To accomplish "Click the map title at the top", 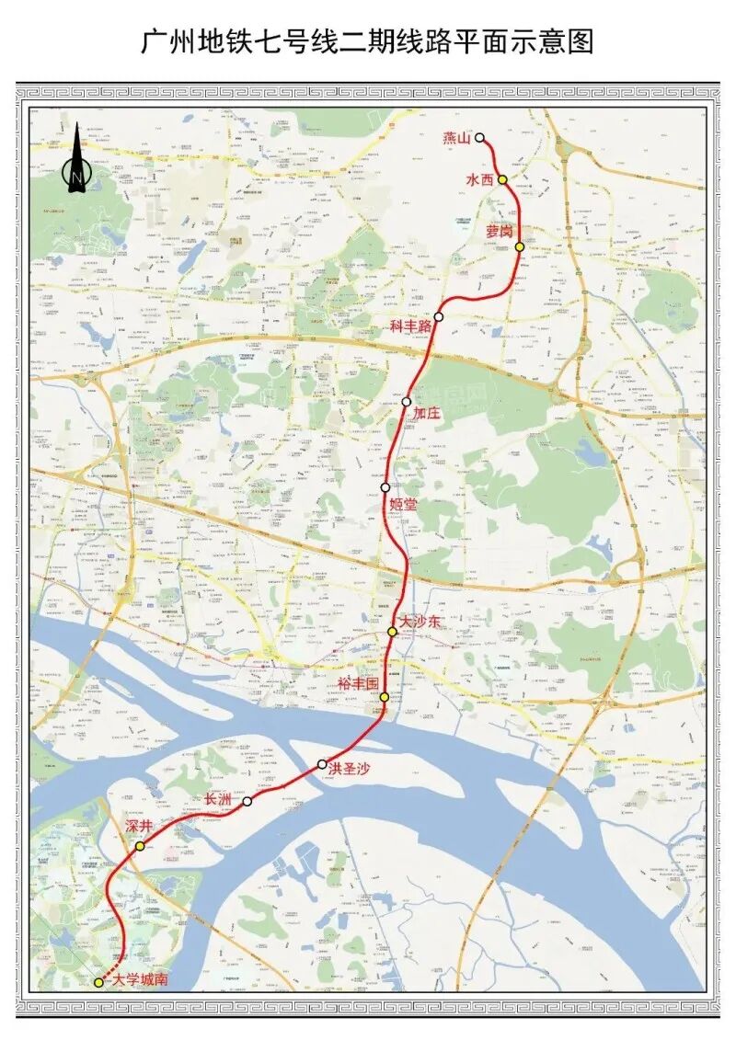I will coord(368,41).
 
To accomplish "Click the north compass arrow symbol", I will coord(76,160).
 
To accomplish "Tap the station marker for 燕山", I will coord(479,138).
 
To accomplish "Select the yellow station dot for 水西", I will coord(502,180).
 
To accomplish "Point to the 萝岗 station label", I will coord(500,234).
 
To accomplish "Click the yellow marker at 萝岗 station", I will coord(520,246).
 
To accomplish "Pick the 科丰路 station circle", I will coord(439,317).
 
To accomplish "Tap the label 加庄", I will coord(426,415).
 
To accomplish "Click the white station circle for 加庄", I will coord(407,402).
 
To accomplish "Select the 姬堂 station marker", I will coord(385,487).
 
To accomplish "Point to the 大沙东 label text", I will coord(420,623).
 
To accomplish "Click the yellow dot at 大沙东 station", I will coord(393,632).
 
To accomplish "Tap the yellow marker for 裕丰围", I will coord(384,698).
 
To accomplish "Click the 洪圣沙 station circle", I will coord(322,764).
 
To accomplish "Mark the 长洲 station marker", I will coord(247,802).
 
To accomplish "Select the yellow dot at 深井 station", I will coord(140,845).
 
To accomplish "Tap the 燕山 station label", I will coord(456,138).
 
